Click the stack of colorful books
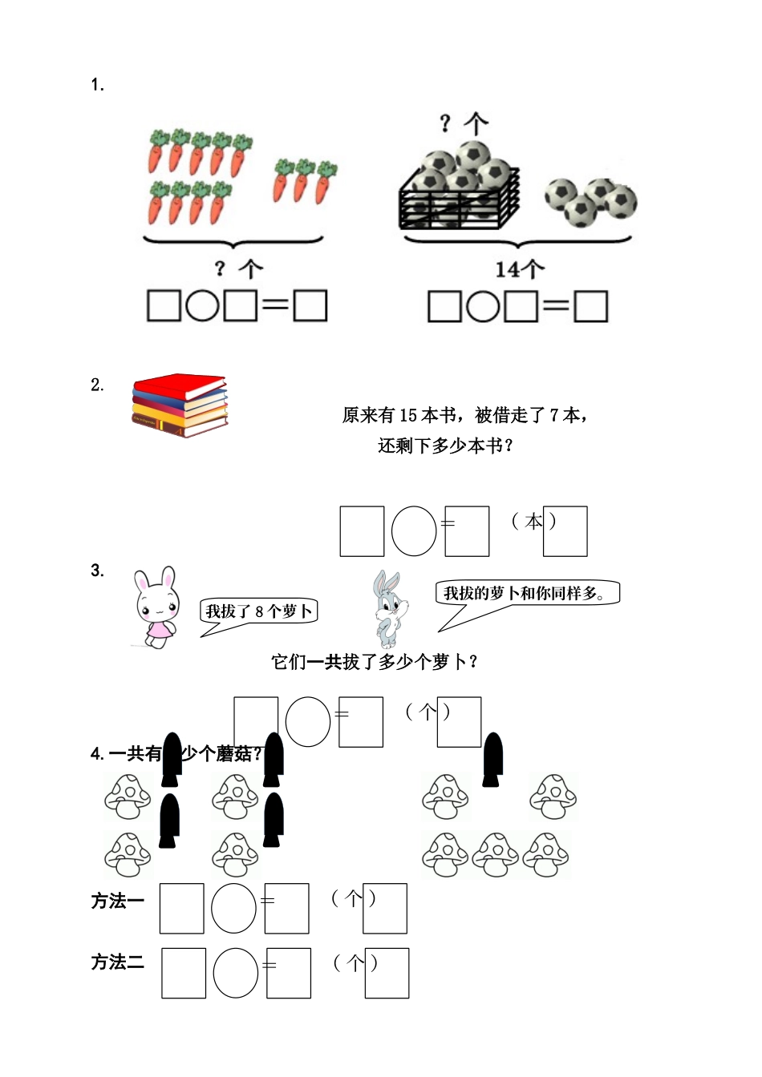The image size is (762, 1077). [180, 405]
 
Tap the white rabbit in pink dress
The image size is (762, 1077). [155, 607]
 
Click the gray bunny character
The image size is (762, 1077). [388, 609]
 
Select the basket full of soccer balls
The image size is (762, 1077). [460, 188]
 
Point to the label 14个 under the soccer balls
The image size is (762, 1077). [519, 269]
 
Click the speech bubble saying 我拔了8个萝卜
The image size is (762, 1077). [258, 612]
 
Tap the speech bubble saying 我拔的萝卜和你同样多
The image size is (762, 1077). [529, 594]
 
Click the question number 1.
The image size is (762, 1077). [97, 85]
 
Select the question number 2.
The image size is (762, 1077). [97, 385]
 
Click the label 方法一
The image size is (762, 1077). [117, 902]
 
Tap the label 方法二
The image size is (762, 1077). [117, 962]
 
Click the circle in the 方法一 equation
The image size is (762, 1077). [233, 909]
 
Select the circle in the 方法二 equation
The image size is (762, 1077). [236, 973]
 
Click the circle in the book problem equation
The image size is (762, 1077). [414, 530]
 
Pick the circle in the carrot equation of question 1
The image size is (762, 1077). [202, 305]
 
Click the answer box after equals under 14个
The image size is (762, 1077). [591, 306]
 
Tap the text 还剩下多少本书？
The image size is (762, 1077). [446, 446]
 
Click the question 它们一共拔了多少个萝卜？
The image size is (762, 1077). [375, 662]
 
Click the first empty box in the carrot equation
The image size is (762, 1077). [164, 305]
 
